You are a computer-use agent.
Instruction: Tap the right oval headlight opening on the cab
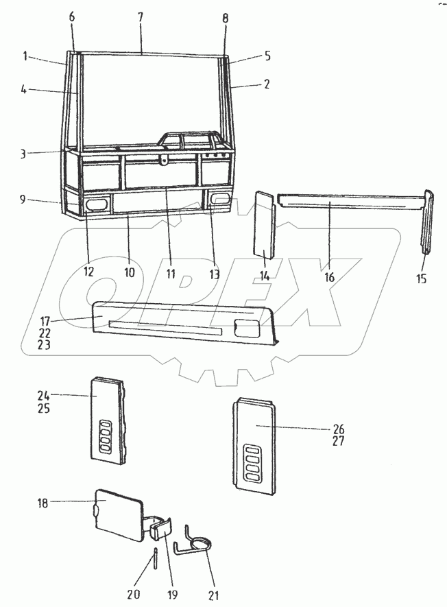tap(220, 199)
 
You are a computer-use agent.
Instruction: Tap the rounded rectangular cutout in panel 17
tap(244, 326)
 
